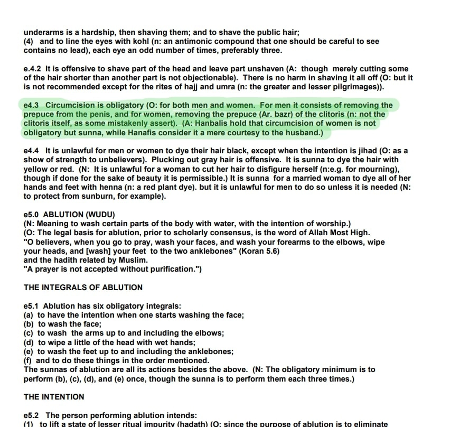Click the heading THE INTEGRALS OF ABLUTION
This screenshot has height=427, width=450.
coord(83,287)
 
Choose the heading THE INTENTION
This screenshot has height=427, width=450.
coord(54,396)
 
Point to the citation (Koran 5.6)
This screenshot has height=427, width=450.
coord(259,251)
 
